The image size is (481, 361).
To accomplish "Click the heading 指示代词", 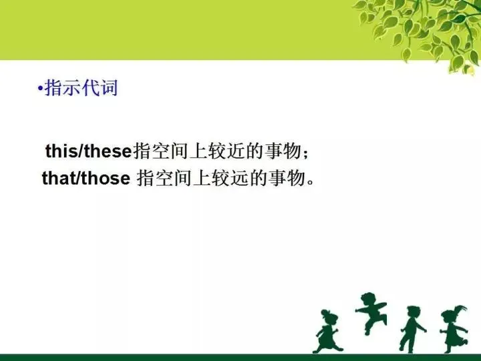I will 81,89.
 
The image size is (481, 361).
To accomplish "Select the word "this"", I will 61,152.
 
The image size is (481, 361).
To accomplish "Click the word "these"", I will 108,152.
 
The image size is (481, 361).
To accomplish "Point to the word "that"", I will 58,178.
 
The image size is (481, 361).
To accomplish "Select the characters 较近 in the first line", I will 225,152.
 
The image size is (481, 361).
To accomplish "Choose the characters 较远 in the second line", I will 228,178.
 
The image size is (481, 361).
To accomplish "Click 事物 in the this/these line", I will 279,152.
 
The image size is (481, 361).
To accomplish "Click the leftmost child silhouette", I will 328,330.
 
